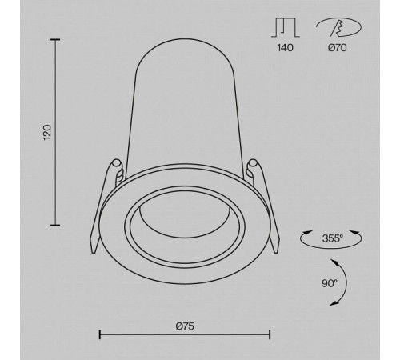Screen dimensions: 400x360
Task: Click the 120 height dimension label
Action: (47, 132)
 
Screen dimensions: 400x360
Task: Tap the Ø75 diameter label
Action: (185, 326)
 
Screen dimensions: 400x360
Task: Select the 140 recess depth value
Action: (286, 48)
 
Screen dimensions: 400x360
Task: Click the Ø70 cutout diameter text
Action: (338, 48)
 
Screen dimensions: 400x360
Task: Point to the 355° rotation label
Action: (333, 238)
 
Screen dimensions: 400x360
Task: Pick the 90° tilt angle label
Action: (330, 283)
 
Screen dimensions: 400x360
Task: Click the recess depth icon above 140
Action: (286, 27)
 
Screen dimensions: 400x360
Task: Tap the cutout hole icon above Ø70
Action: (338, 27)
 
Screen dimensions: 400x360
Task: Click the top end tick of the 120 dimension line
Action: (55, 40)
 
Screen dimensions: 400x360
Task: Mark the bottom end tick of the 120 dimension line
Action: (55, 226)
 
